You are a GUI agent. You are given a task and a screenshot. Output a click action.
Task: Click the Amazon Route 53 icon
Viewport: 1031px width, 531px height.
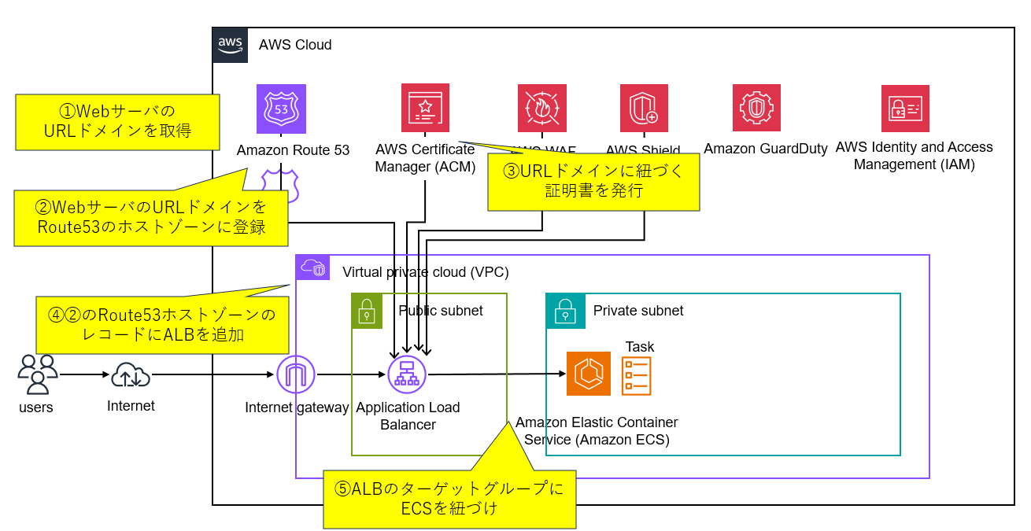pos(281,109)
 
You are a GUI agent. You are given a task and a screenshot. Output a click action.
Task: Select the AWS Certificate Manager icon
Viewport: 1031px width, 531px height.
pos(425,108)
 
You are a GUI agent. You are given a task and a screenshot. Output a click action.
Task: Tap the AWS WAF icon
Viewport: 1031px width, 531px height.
pos(541,108)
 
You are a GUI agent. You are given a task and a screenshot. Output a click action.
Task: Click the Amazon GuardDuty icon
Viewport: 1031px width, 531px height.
pos(756,109)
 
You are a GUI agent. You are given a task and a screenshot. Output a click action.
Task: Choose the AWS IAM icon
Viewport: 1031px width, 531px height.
pos(905,109)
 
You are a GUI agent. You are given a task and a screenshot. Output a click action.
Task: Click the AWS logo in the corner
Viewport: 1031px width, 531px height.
pos(230,45)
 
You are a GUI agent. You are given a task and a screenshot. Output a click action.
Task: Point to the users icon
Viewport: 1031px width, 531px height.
pos(37,374)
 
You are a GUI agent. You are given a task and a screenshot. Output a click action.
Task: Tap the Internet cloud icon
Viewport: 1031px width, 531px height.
pos(131,376)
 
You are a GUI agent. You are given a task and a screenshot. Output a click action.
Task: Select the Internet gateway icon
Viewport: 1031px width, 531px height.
pos(295,376)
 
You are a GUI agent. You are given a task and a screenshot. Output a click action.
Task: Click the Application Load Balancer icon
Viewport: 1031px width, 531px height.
pos(407,376)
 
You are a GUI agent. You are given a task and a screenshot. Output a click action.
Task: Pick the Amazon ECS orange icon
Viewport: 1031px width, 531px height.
pos(589,374)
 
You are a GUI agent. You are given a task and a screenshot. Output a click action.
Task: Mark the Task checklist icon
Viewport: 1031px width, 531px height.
pos(636,375)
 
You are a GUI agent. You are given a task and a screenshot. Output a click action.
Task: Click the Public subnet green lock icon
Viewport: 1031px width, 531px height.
pos(367,311)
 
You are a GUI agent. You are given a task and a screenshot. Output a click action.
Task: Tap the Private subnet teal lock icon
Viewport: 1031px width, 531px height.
pos(562,311)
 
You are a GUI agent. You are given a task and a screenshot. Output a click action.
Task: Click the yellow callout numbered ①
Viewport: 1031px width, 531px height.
pos(117,121)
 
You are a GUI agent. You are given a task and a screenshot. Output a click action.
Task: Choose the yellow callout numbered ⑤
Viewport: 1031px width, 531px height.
pos(449,499)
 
